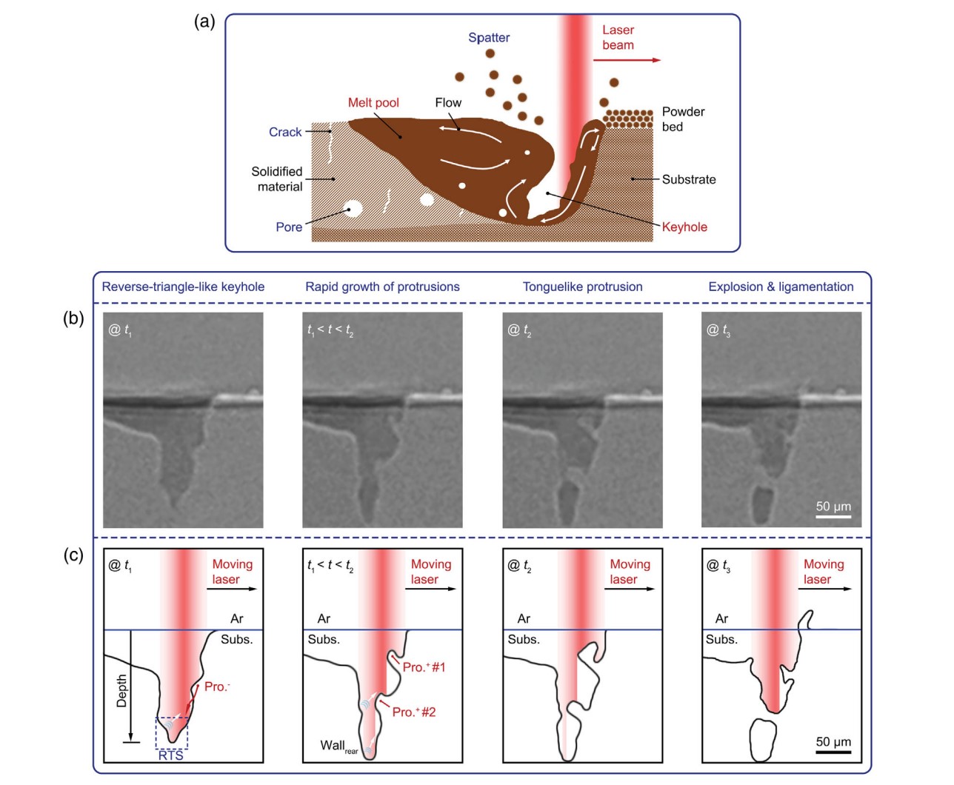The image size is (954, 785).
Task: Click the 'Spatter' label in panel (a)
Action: tap(489, 38)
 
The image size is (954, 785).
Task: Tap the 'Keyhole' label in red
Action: tap(684, 227)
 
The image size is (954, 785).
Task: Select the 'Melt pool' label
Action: tap(373, 103)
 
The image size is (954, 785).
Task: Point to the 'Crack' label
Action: tap(285, 133)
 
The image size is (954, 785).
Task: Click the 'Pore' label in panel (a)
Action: tap(289, 227)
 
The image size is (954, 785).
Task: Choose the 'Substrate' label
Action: tap(689, 180)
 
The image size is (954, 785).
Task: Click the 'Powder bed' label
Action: tap(683, 119)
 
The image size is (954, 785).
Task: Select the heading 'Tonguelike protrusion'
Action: tap(583, 287)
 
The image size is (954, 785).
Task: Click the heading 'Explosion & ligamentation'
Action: tap(781, 287)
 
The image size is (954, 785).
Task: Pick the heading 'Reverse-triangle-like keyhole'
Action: tap(183, 287)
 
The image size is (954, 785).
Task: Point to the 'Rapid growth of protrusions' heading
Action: tap(382, 287)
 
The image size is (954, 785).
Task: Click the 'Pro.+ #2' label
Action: tap(414, 712)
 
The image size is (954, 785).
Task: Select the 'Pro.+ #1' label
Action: tap(424, 667)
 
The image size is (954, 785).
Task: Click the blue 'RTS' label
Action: tap(171, 755)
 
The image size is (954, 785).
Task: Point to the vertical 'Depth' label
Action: tap(122, 691)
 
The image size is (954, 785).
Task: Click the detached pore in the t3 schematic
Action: tap(762, 739)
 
